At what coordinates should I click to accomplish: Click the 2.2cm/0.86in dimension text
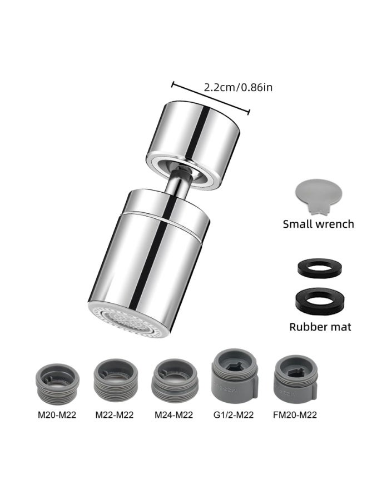(x=238, y=87)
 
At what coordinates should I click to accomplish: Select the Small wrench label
(x=318, y=224)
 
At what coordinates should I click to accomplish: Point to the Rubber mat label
(x=320, y=326)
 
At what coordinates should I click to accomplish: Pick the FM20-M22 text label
(x=295, y=415)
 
